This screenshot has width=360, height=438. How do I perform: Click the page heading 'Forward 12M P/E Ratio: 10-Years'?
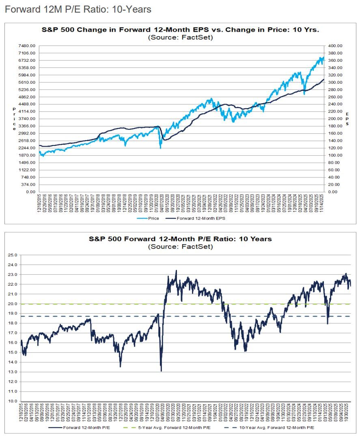coord(78,9)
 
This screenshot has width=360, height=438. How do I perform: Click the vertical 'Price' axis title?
coord(14,119)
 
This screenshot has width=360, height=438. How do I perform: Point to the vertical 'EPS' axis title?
coord(347,119)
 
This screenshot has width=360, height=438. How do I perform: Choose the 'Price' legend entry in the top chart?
coord(151,218)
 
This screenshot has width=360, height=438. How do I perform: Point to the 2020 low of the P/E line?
coord(161,371)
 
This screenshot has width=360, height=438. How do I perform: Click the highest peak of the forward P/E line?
coord(176,271)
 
